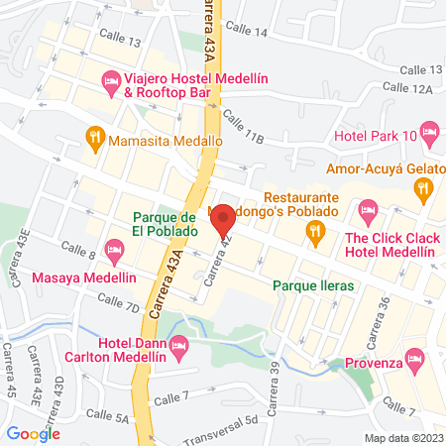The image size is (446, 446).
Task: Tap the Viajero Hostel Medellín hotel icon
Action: (111, 78)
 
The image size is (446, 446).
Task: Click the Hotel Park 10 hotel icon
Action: (430, 131)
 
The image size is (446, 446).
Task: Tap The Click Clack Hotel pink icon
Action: (368, 209)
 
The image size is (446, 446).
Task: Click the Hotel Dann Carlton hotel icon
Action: (178, 345)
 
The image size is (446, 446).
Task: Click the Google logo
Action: (34, 433)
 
